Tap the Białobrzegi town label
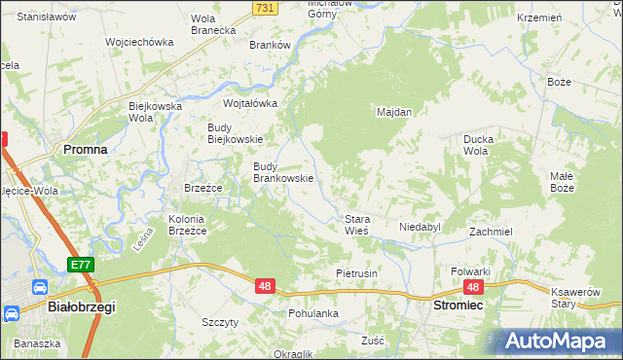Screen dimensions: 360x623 click(x=82, y=306)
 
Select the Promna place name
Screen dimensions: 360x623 click(x=85, y=149)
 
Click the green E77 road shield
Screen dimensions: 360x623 click(x=81, y=265)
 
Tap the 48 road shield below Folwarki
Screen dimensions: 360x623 click(x=474, y=287)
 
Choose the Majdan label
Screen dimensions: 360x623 click(x=394, y=112)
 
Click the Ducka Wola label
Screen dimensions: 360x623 click(x=477, y=145)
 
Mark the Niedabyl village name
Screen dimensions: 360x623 click(x=420, y=227)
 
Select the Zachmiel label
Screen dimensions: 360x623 click(x=491, y=232)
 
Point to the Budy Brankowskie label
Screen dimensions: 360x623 click(x=282, y=172)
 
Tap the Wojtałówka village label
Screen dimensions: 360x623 click(x=251, y=103)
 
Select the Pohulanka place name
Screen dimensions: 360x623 click(x=312, y=313)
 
